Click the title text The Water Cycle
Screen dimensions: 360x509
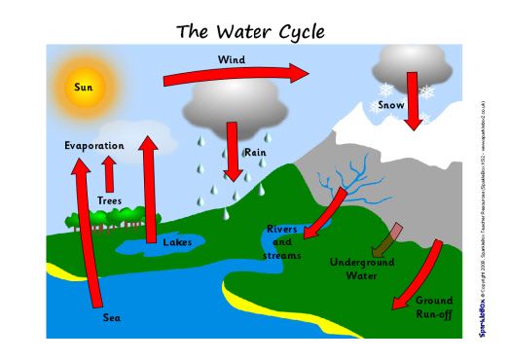coord(250,31)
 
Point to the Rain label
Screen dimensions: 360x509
coord(255,152)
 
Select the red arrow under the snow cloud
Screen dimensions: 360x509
coord(414,102)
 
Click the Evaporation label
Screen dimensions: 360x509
coord(94,146)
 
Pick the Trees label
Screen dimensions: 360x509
coord(109,201)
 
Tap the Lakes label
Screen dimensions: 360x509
coord(177,242)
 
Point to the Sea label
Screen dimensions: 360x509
coord(112,317)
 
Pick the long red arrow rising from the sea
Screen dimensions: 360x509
coord(87,234)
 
